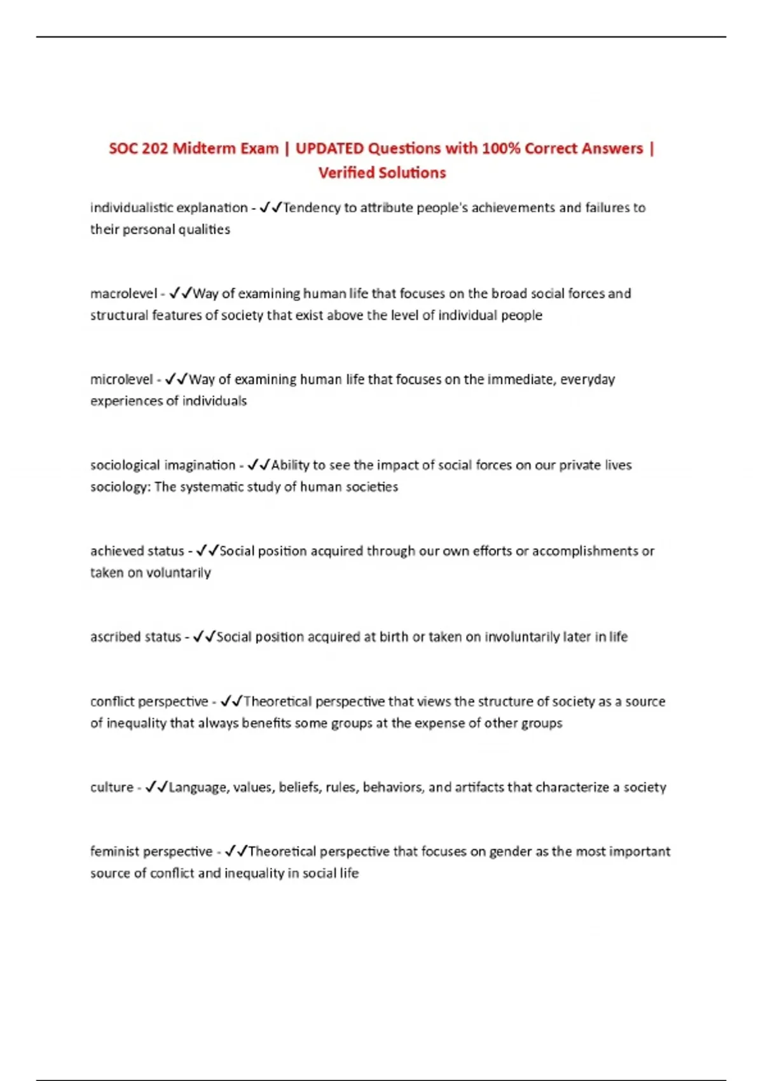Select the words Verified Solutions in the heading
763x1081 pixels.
click(382, 173)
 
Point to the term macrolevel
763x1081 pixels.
click(123, 294)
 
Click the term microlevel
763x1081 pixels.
click(121, 380)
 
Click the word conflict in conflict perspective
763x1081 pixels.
click(112, 702)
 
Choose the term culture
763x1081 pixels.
click(111, 788)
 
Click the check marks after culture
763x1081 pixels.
click(156, 787)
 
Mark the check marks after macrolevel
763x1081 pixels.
click(180, 293)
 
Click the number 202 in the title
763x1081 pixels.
click(155, 149)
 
